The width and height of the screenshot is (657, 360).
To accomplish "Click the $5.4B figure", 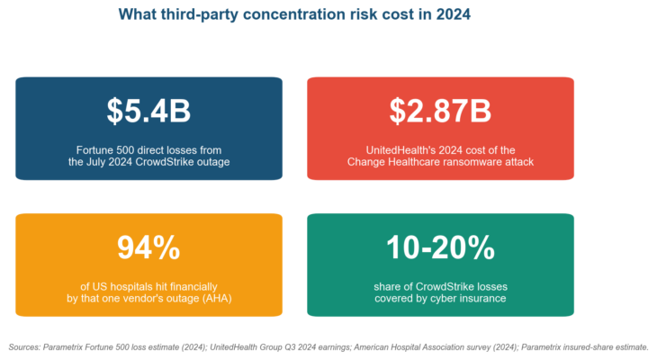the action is [148, 111].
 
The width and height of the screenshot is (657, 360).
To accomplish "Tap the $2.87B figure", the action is [440, 111].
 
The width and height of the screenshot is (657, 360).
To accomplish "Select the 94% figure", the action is [148, 247].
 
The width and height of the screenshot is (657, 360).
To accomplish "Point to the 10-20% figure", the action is [440, 247].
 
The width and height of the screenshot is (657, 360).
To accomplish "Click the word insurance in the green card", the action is [487, 299].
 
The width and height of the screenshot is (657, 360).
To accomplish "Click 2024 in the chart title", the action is [454, 14].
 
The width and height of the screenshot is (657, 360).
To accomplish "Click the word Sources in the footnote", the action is [24, 347].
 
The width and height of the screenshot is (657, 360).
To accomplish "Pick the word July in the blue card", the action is [95, 162].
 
